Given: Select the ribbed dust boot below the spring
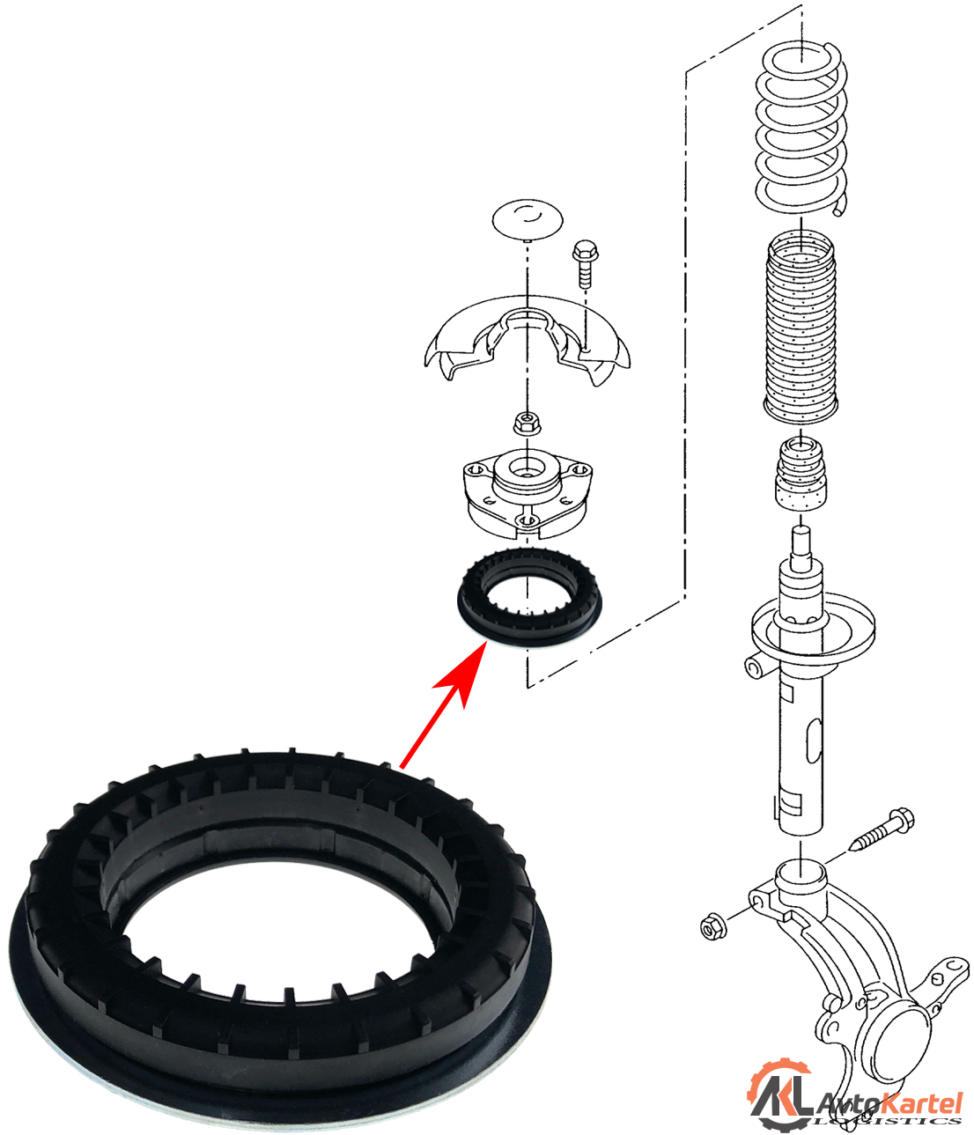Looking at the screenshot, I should (x=800, y=326).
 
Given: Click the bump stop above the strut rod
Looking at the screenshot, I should (x=801, y=475).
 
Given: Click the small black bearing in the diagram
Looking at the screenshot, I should (x=528, y=599).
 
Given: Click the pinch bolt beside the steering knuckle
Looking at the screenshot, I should (x=881, y=833).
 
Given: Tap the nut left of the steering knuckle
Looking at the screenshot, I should (x=712, y=926).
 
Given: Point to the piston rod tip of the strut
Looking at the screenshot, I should (x=801, y=542).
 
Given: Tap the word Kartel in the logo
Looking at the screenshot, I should (x=921, y=1102).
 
